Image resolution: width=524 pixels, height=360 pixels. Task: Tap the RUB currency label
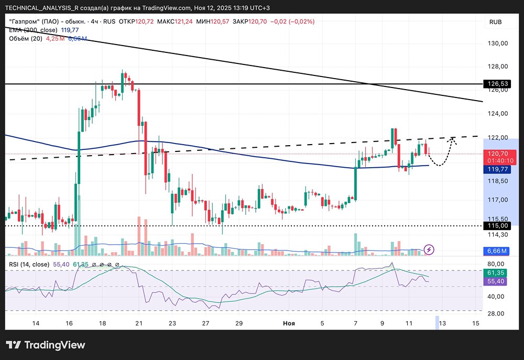pyautogui.click(x=495, y=22)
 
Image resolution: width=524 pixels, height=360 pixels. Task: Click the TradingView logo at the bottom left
pyautogui.click(x=45, y=345)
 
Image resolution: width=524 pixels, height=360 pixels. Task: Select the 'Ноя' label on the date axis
pyautogui.click(x=288, y=324)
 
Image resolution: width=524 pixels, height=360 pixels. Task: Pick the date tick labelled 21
pyautogui.click(x=139, y=324)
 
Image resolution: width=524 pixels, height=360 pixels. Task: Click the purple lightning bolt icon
pyautogui.click(x=429, y=249)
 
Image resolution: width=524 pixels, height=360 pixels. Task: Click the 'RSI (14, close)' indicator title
pyautogui.click(x=29, y=265)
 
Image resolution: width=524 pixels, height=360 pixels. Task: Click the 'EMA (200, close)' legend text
pyautogui.click(x=33, y=30)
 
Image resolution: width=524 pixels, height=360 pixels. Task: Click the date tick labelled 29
pyautogui.click(x=238, y=324)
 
